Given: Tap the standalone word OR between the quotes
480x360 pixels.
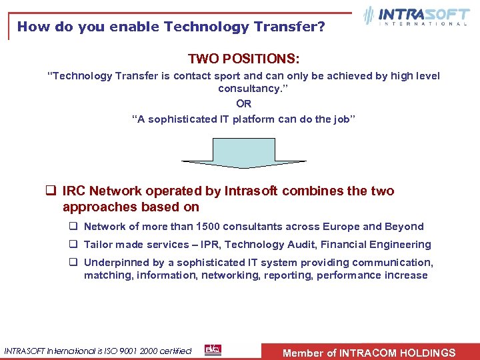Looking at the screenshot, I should (x=243, y=103).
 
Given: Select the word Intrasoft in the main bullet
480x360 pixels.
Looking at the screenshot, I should (x=251, y=191).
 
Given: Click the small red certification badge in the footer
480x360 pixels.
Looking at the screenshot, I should (x=213, y=350).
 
